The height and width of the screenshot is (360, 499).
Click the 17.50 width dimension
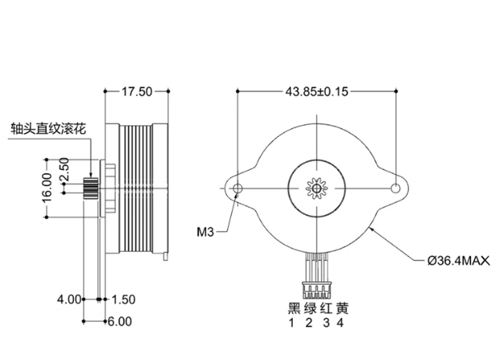coord(137,91)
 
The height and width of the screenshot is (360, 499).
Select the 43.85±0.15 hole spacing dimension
coord(317,91)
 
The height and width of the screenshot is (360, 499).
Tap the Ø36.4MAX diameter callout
coord(459,261)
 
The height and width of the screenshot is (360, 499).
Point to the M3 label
coord(205,233)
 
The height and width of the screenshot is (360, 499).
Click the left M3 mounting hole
coord(237,188)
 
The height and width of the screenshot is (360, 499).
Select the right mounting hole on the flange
coord(396,188)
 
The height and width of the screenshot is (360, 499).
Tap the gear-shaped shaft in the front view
coord(316,188)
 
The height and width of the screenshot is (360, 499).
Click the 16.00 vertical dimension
coord(47,188)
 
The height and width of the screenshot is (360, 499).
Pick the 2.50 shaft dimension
coord(64,169)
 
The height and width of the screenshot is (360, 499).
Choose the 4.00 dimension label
coord(69,299)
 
